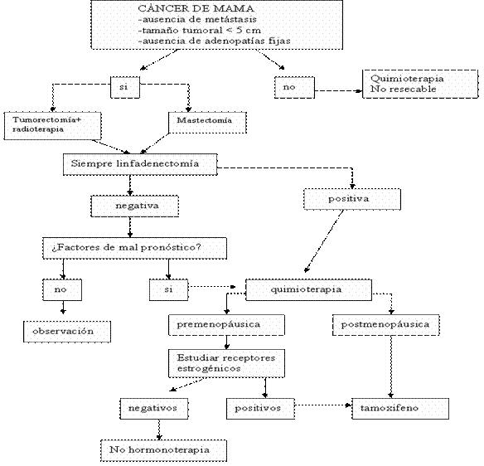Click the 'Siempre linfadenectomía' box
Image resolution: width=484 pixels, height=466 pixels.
(x=140, y=164)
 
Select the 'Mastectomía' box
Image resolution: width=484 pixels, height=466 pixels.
(x=207, y=123)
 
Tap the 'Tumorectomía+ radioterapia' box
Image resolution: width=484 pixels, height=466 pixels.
(x=52, y=126)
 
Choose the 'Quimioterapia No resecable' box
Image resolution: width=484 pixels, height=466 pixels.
(x=420, y=84)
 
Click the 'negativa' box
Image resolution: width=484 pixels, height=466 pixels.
(x=135, y=206)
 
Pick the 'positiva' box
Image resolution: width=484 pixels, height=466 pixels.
(x=352, y=199)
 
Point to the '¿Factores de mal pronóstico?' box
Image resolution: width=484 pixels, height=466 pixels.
(x=134, y=248)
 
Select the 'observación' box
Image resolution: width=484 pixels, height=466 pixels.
(x=67, y=332)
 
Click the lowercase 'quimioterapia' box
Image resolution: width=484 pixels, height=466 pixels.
(x=308, y=289)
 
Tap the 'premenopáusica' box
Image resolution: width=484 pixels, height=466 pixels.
(x=226, y=325)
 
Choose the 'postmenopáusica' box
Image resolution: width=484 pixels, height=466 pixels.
(x=386, y=325)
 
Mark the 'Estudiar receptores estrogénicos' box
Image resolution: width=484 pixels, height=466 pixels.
(x=226, y=363)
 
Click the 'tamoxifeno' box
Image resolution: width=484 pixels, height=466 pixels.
(x=400, y=409)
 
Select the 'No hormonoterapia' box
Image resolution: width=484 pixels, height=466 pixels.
(x=163, y=450)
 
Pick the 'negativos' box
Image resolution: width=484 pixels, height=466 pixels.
(x=154, y=409)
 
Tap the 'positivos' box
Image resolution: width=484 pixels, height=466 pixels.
(x=260, y=409)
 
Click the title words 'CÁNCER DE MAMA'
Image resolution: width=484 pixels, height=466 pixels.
(x=196, y=8)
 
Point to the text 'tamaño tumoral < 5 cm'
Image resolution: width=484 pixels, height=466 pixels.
(x=200, y=30)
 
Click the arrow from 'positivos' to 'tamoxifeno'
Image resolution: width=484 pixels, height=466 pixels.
(x=323, y=405)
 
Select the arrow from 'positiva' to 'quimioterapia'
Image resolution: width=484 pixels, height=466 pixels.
(x=324, y=241)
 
